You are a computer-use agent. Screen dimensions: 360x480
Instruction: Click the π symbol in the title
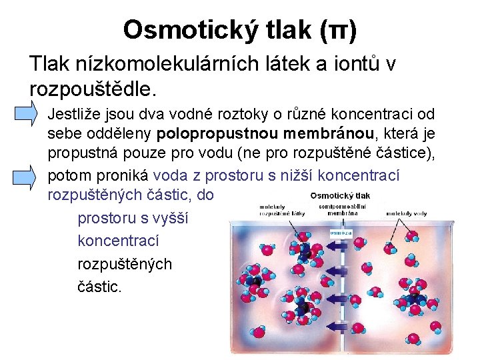tap(338, 29)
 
